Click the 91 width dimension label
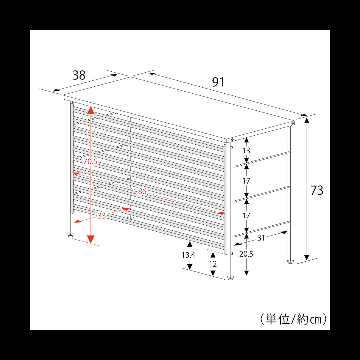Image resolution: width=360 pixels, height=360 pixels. [x=218, y=82]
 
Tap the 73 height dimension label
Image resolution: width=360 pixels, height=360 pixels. [x=317, y=190]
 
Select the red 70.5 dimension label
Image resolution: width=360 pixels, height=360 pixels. [x=90, y=161]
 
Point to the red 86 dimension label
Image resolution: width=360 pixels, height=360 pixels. [x=142, y=191]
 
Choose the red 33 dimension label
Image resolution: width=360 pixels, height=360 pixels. [x=102, y=216]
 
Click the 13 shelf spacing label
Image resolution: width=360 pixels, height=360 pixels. [x=246, y=151]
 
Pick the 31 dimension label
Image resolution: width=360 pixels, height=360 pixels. [x=261, y=238]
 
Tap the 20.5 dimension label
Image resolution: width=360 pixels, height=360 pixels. [x=246, y=254]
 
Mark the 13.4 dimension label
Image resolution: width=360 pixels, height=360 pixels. [x=188, y=255]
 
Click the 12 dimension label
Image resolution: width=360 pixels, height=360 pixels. [x=213, y=264]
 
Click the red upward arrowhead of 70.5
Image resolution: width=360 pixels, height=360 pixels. [x=91, y=111]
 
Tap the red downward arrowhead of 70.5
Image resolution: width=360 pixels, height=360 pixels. [x=91, y=239]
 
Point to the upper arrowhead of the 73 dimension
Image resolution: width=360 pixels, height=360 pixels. [x=307, y=121]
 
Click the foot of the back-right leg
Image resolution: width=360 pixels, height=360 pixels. [x=290, y=262]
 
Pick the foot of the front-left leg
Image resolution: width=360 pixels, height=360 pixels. [x=70, y=235]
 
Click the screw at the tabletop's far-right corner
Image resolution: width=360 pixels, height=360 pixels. [x=292, y=123]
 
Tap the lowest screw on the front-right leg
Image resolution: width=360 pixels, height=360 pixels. [x=232, y=253]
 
